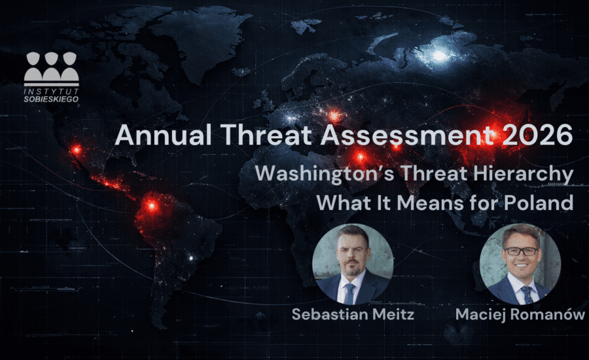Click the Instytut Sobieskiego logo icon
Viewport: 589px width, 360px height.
[52, 69]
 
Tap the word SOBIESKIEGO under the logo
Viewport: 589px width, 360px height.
[52, 99]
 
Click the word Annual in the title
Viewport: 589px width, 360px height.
[164, 135]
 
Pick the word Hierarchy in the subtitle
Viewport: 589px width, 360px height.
[523, 174]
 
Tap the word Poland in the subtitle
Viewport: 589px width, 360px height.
[539, 202]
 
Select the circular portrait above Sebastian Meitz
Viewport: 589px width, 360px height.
[353, 264]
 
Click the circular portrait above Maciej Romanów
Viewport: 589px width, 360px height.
[520, 264]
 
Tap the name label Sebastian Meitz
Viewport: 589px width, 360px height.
[353, 314]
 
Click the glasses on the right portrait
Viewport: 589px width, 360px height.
[522, 251]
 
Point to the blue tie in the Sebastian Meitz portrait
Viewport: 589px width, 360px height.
[349, 293]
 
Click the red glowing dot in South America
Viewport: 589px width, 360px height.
[152, 206]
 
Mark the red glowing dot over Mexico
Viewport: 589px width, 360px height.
[77, 150]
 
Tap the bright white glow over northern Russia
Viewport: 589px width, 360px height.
[438, 56]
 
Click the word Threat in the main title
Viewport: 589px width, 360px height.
[266, 135]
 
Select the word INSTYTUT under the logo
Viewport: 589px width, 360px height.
[52, 92]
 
